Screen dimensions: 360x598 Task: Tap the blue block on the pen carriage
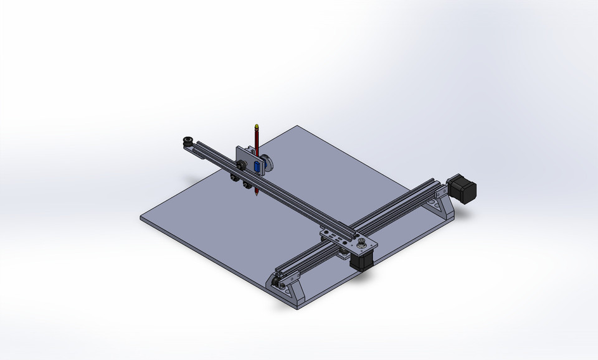click(257, 166)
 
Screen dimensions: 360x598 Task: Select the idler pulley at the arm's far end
click(187, 141)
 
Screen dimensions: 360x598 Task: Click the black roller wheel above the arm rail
click(240, 165)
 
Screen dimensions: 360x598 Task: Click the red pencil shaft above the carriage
click(257, 138)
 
